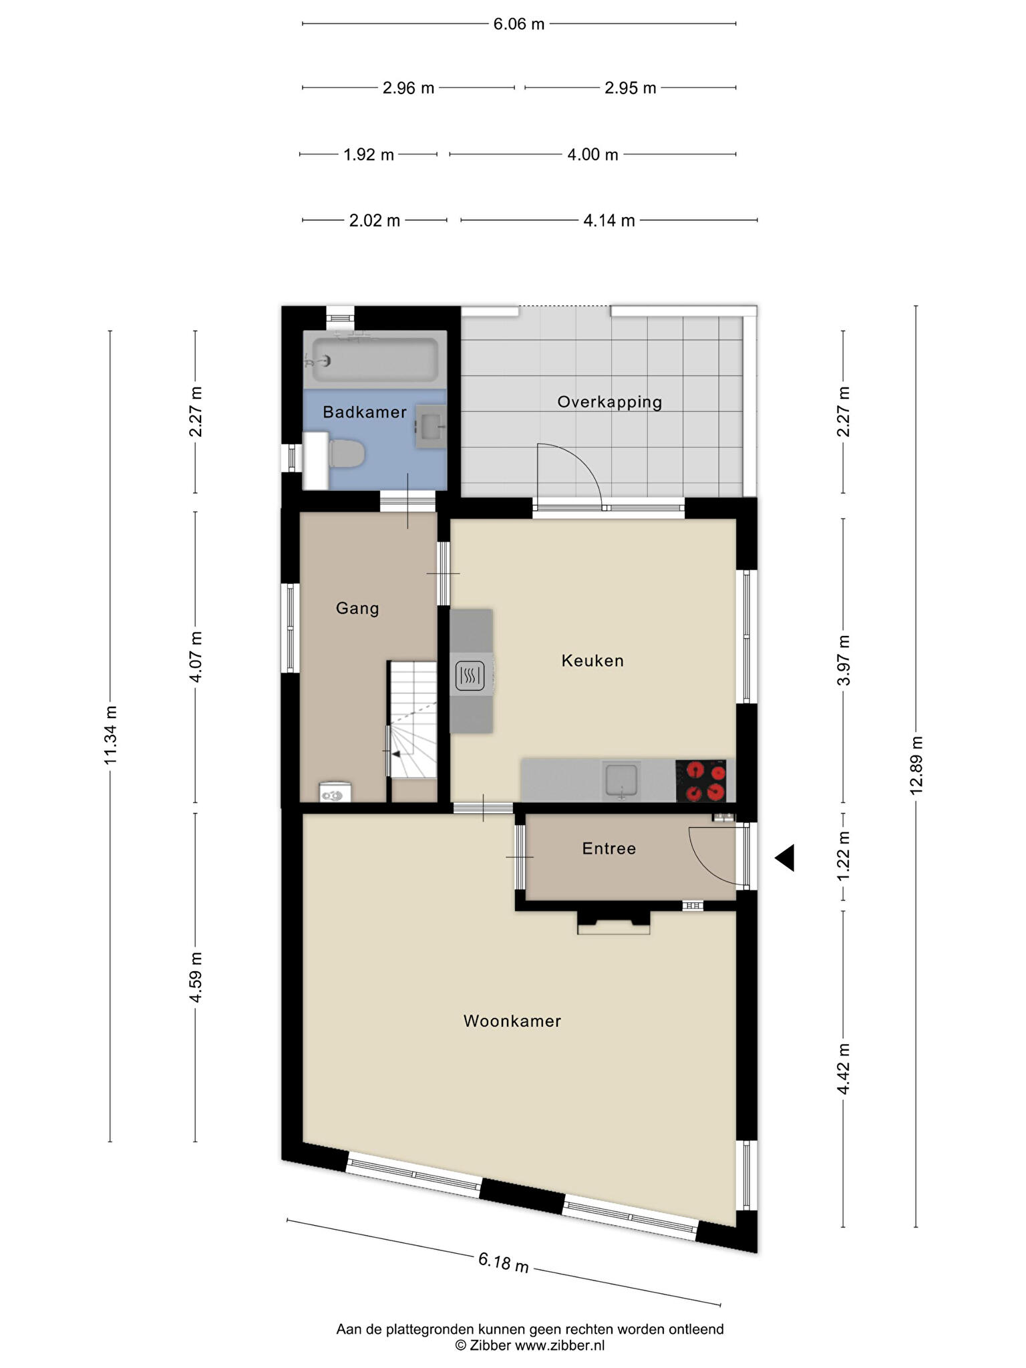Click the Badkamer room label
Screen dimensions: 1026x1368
pyautogui.click(x=364, y=412)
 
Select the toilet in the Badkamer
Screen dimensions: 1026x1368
pyautogui.click(x=346, y=454)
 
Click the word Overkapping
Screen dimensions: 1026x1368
pyautogui.click(x=610, y=402)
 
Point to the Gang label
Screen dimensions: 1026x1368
pyautogui.click(x=357, y=609)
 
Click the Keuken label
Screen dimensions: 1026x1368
pyautogui.click(x=592, y=661)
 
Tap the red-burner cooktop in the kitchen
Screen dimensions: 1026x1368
pyautogui.click(x=701, y=781)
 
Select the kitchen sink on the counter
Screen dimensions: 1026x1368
pyautogui.click(x=622, y=780)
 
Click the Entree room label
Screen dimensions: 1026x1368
pyautogui.click(x=609, y=848)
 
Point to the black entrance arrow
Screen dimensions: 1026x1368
pyautogui.click(x=786, y=858)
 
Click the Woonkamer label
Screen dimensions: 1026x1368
pyautogui.click(x=512, y=1021)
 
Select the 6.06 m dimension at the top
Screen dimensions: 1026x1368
pyautogui.click(x=519, y=24)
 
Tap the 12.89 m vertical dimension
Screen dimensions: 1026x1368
pyautogui.click(x=916, y=765)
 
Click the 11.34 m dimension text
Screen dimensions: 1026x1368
pyautogui.click(x=111, y=735)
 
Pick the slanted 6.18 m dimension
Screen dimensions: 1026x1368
pyautogui.click(x=504, y=1262)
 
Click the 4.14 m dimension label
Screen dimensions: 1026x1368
pyautogui.click(x=609, y=220)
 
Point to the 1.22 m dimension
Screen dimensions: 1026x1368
pyautogui.click(x=844, y=856)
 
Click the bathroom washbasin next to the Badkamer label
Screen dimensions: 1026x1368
pyautogui.click(x=431, y=425)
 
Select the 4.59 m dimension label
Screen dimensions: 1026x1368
pyautogui.click(x=196, y=977)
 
